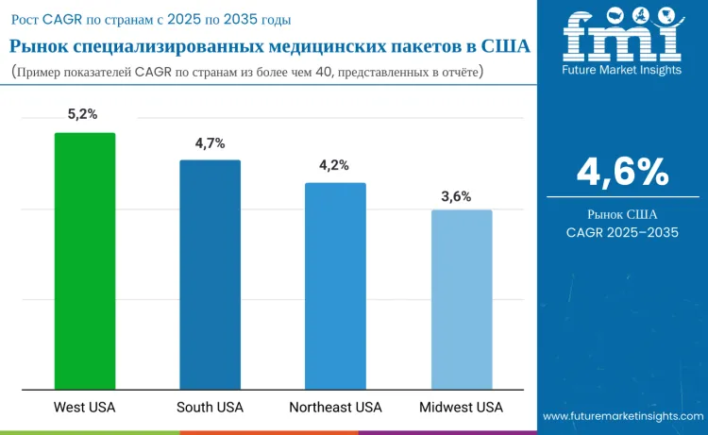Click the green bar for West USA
click(85, 260)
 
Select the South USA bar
click(210, 275)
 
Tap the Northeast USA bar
click(335, 286)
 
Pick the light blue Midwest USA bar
click(462, 300)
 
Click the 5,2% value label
click(83, 114)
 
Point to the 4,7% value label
click(210, 143)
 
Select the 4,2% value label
click(334, 166)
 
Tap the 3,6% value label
click(456, 197)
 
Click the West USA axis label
click(84, 407)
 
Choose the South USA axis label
click(210, 407)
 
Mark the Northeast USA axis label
click(335, 407)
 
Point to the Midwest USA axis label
click(461, 407)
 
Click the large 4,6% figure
click(623, 172)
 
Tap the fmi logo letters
click(622, 36)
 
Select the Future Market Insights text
click(622, 70)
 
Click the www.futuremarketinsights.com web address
click(623, 416)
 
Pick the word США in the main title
click(506, 46)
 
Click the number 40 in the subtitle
click(324, 72)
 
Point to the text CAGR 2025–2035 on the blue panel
click(622, 232)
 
